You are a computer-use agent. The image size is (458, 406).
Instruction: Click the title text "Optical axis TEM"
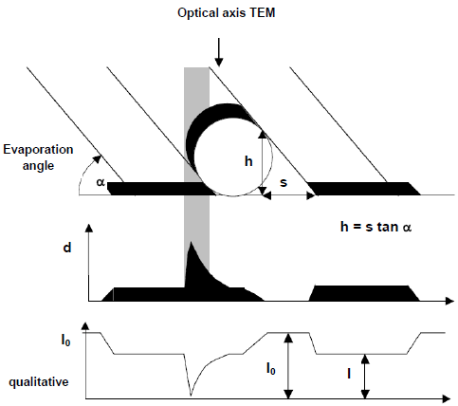(226, 13)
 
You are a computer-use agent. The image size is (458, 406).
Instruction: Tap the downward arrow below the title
(219, 52)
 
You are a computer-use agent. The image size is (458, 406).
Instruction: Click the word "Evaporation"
(38, 150)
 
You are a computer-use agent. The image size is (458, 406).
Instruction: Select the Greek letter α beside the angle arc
(101, 182)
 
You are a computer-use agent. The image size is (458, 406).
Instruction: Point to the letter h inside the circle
(248, 161)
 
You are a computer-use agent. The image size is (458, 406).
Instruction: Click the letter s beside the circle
(284, 182)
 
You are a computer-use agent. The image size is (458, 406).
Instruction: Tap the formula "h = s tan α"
(376, 227)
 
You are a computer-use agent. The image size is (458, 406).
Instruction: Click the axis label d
(67, 248)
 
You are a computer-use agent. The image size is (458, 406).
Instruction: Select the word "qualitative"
(39, 382)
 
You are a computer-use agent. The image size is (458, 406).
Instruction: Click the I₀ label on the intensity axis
(65, 341)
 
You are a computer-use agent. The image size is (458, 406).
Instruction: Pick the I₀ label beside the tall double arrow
(271, 368)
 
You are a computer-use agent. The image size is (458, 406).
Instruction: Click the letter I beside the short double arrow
(349, 374)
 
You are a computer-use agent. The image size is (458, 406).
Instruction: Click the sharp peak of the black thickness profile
(191, 242)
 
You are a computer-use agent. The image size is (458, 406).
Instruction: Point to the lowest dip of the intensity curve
(191, 396)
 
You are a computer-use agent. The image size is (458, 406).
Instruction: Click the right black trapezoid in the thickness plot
(364, 293)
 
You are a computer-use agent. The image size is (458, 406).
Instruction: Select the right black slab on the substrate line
(363, 189)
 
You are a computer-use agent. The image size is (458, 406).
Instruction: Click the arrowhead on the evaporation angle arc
(98, 158)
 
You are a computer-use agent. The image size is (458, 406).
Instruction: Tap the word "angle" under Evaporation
(38, 166)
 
